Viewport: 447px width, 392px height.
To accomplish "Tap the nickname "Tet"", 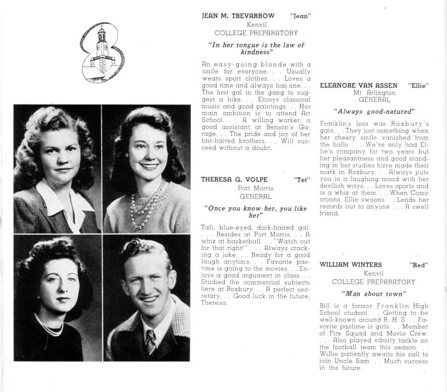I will (301, 178).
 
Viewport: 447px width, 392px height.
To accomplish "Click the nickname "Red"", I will (419, 264).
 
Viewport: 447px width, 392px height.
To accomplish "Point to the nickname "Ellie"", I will (419, 86).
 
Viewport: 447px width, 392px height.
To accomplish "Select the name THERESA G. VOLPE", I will (235, 178).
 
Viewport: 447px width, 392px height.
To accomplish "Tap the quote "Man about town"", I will (373, 293).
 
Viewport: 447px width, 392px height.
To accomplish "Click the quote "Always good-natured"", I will (373, 111).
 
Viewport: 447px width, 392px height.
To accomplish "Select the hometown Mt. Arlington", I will (373, 94).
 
